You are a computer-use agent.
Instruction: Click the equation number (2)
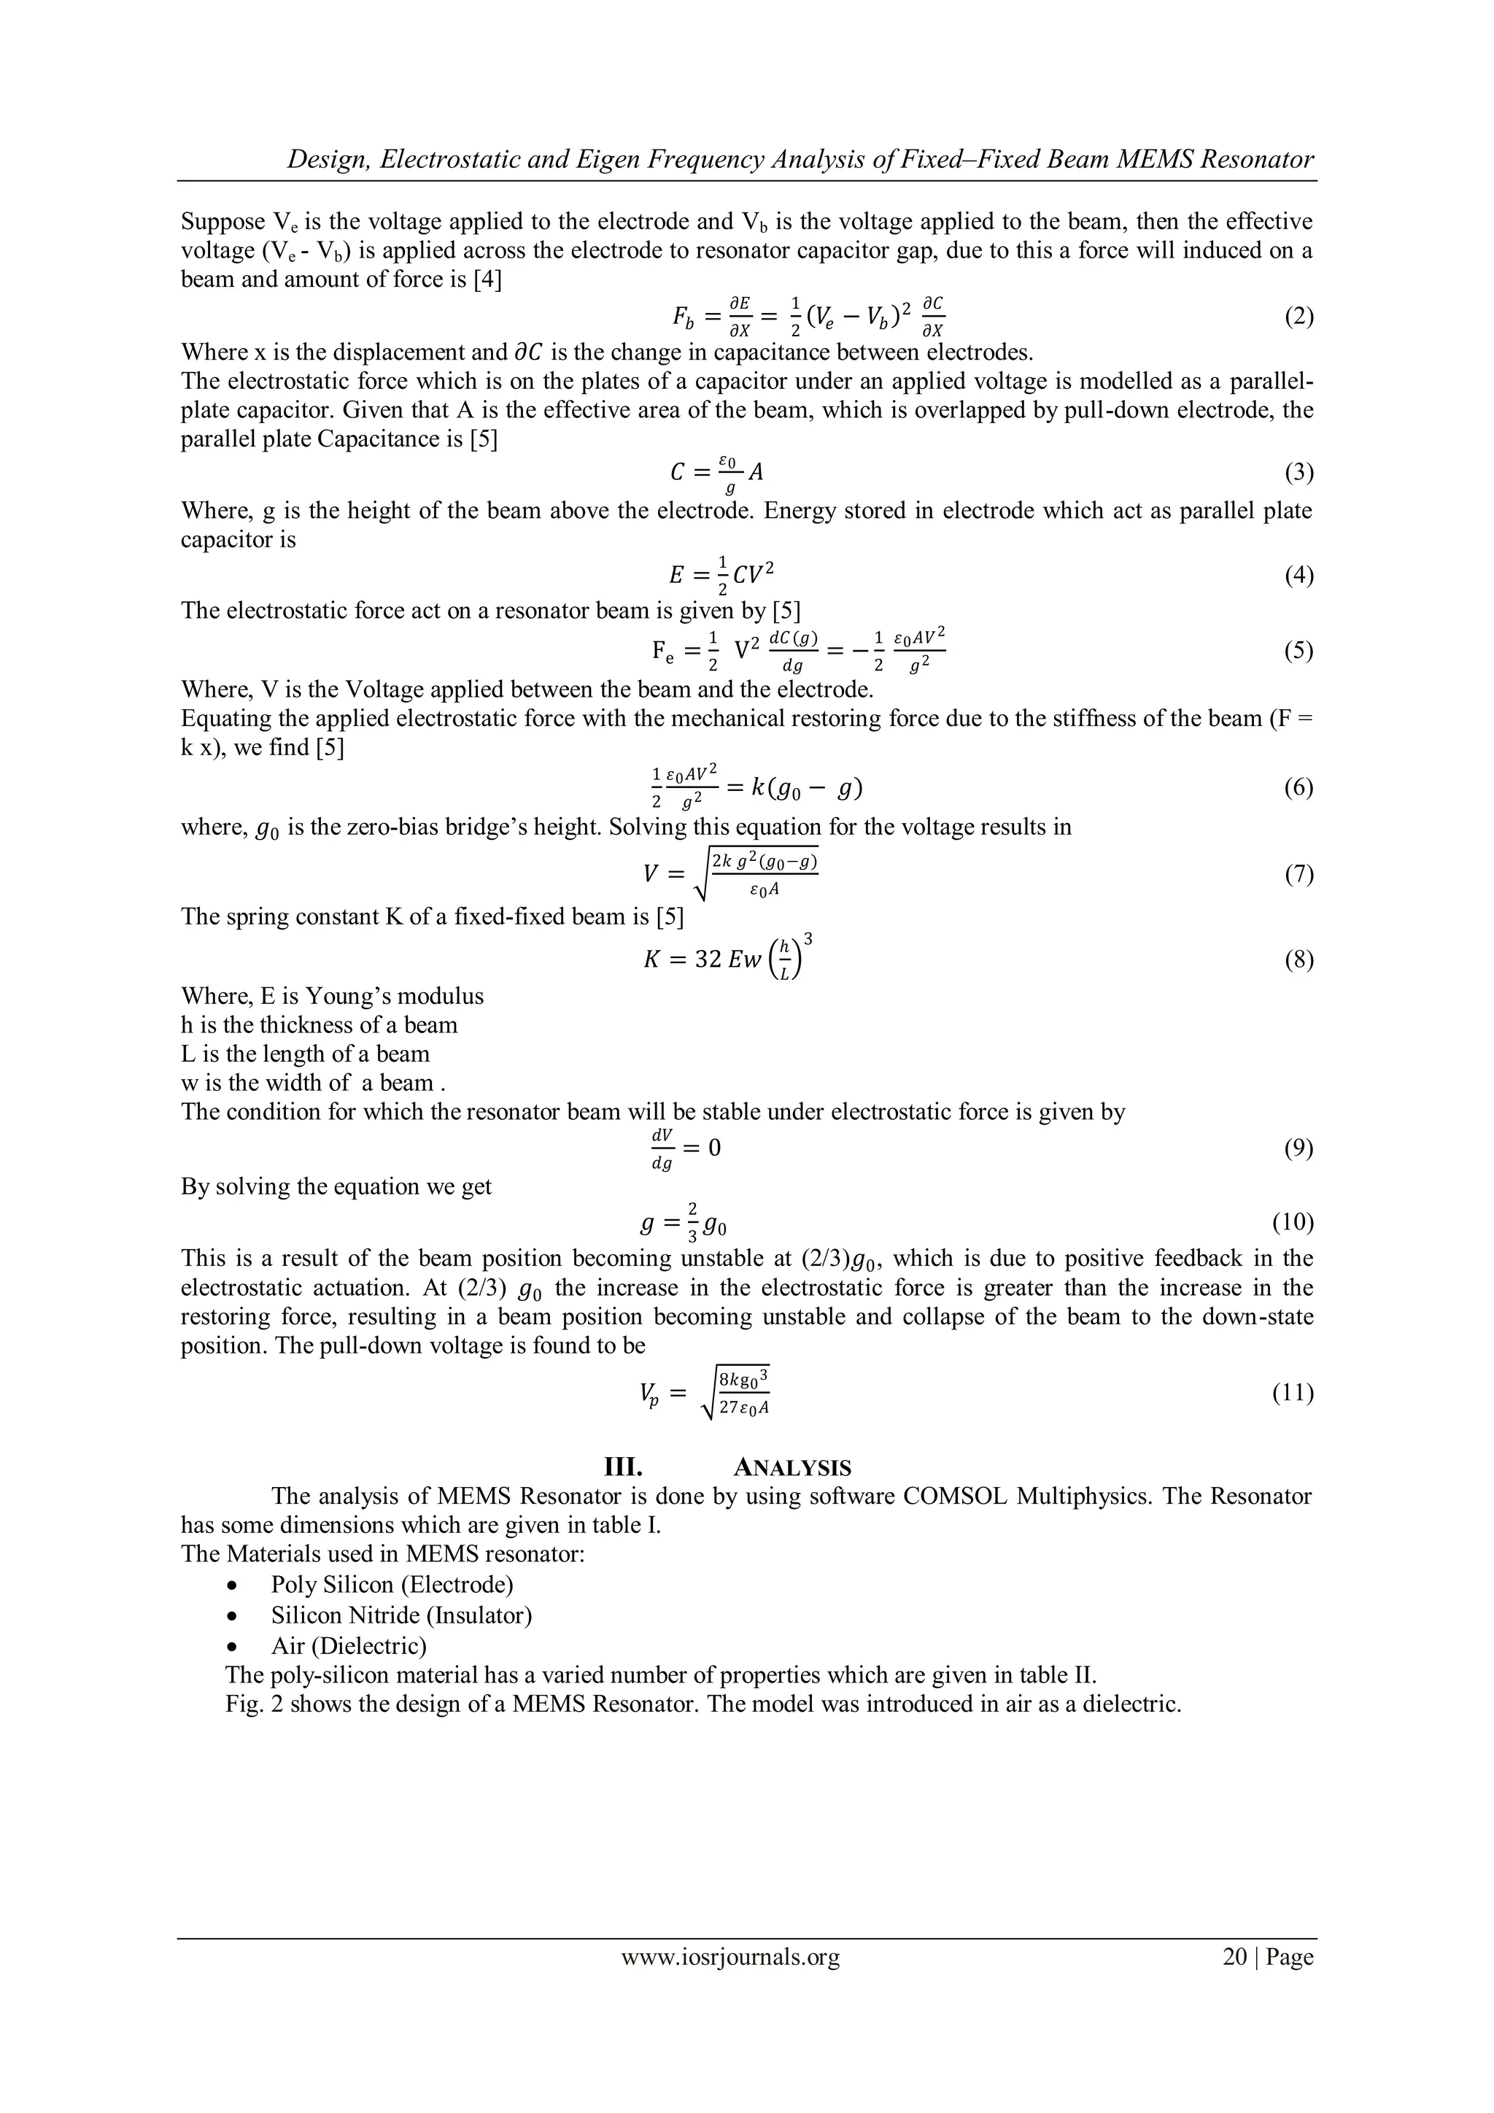point(1298,317)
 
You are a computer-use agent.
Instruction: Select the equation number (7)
point(1298,874)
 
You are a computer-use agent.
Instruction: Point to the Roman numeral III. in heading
point(621,1468)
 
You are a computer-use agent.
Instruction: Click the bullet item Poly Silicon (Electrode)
point(392,1585)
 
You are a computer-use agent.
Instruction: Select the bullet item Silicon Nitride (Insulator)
point(401,1615)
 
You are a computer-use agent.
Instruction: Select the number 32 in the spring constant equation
point(708,960)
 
